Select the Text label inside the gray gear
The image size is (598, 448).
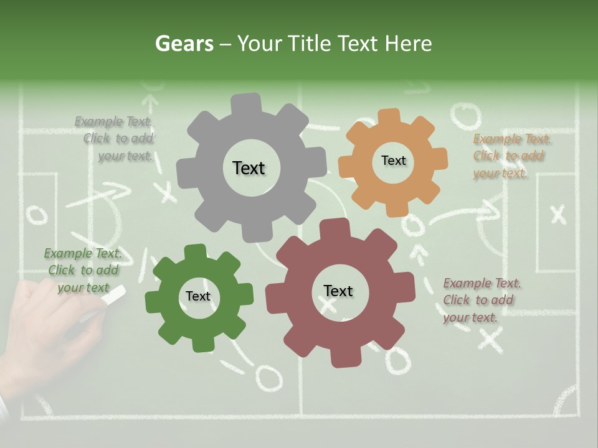click(249, 168)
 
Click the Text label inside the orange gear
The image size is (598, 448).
click(393, 161)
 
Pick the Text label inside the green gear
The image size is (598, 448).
click(198, 296)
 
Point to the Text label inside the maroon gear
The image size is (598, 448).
click(338, 291)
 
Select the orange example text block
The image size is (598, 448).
click(511, 156)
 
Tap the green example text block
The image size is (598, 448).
click(83, 271)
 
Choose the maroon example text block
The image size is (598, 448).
click(481, 301)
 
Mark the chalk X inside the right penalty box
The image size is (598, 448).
click(558, 215)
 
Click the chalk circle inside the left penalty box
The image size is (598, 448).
click(37, 215)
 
